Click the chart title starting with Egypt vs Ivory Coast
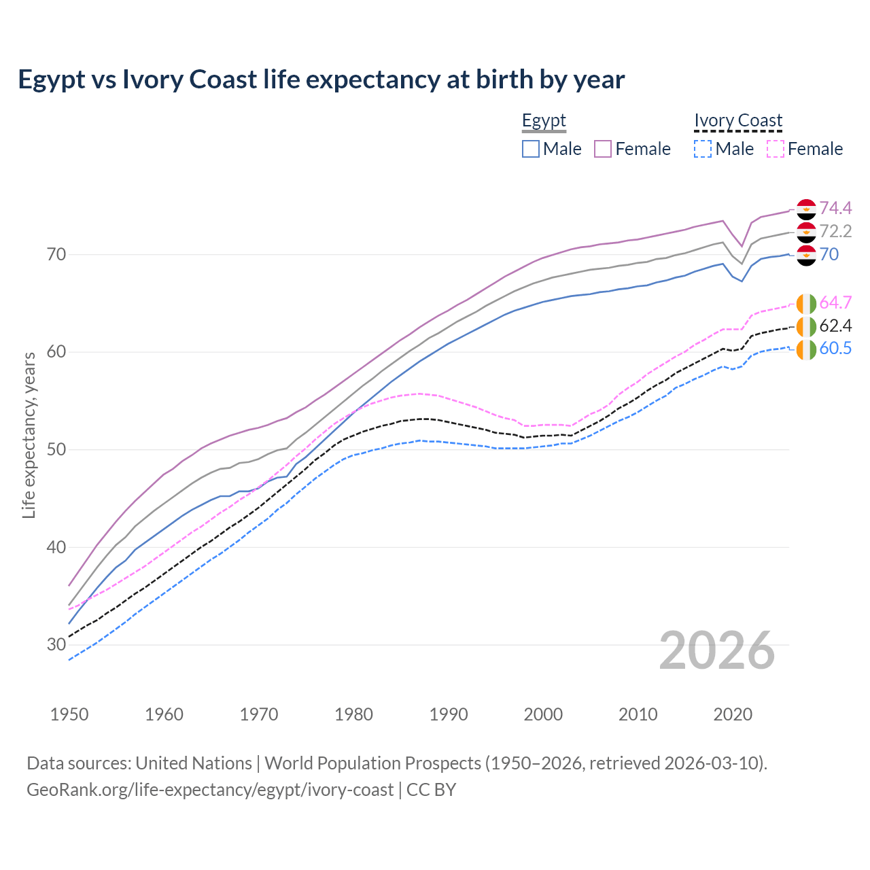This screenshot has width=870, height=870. (x=321, y=80)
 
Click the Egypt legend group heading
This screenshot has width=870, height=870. (x=544, y=121)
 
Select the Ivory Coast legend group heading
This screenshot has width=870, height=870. (x=738, y=121)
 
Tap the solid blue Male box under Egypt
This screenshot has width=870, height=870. (x=531, y=149)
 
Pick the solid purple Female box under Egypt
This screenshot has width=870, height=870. (x=604, y=149)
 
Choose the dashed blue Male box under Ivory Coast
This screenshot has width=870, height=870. (x=703, y=149)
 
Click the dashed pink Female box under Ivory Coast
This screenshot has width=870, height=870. (x=776, y=149)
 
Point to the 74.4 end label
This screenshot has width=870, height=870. (x=835, y=208)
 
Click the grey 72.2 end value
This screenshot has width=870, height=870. (x=835, y=231)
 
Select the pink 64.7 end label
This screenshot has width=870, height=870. (x=835, y=302)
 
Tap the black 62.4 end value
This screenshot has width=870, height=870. (x=835, y=326)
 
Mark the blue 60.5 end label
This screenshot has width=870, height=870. (x=835, y=349)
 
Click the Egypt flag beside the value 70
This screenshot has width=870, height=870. (x=806, y=255)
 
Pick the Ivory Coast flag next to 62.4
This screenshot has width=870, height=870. (x=806, y=326)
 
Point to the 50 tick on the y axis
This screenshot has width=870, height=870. (x=56, y=450)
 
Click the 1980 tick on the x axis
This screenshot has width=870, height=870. (x=353, y=714)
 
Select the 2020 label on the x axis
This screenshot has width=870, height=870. (x=733, y=714)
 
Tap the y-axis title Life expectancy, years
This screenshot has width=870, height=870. (x=29, y=435)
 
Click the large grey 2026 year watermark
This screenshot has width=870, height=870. (x=716, y=650)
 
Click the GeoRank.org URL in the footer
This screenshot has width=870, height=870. (x=210, y=790)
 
